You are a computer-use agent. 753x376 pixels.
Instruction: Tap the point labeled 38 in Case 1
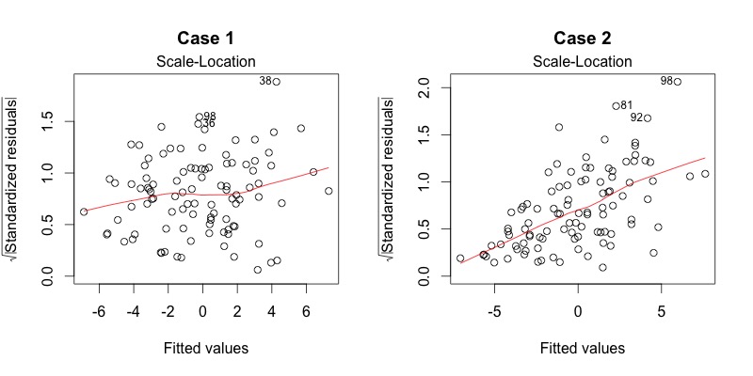[276, 82]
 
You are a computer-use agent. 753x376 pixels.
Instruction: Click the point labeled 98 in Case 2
[677, 82]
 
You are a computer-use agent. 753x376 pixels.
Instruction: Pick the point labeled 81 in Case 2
[617, 106]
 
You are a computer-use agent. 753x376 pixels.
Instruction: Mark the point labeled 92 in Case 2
[647, 118]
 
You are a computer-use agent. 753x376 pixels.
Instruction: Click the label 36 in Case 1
[208, 123]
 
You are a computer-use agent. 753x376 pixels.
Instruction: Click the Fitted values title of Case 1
[202, 349]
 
